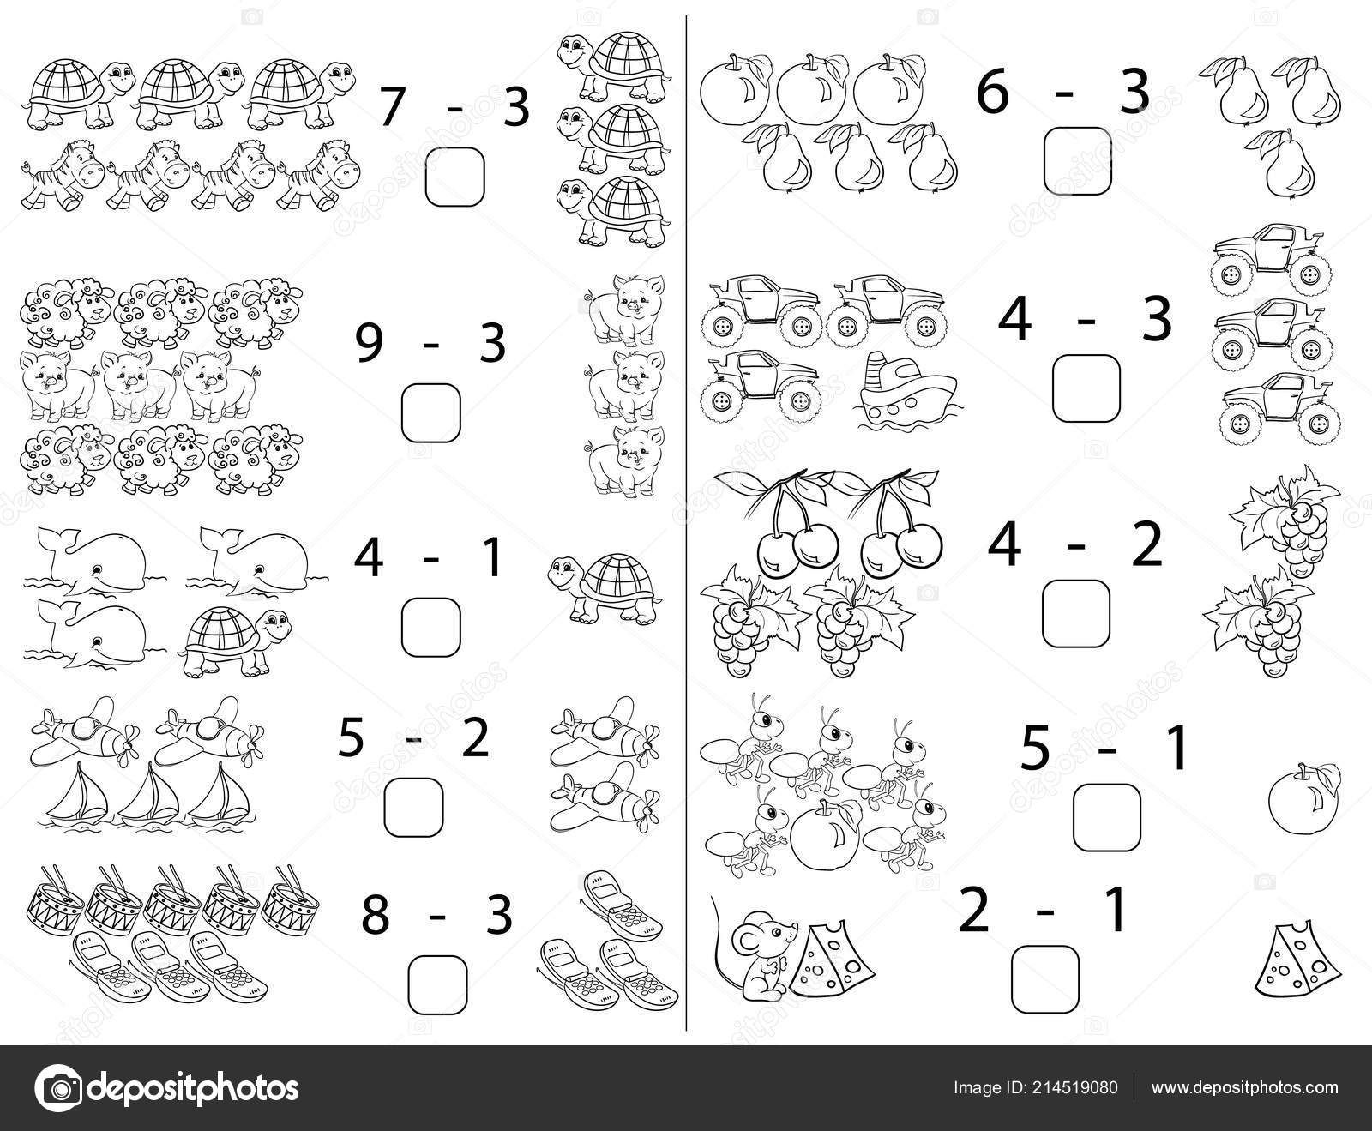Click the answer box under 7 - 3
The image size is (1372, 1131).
click(x=455, y=177)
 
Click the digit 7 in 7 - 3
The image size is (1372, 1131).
click(x=391, y=107)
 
